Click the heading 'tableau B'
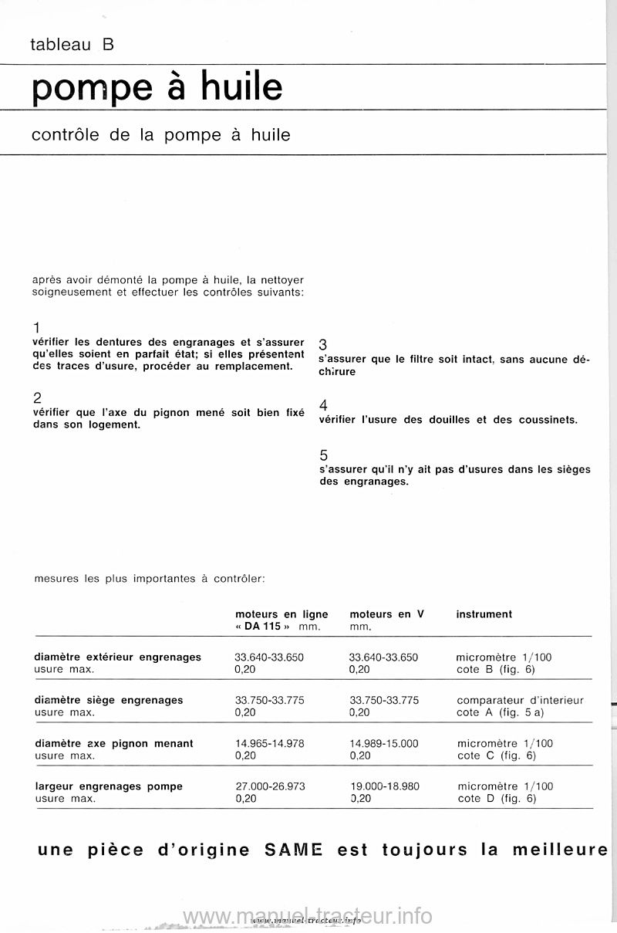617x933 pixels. (x=72, y=45)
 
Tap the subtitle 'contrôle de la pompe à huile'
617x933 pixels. (x=161, y=135)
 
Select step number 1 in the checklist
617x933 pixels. (x=36, y=327)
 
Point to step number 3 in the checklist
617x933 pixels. (x=323, y=344)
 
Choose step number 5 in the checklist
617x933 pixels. (x=323, y=456)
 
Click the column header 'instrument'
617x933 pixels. (x=484, y=614)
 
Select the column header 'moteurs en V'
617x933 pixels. (x=387, y=614)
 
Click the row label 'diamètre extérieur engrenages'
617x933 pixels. (x=118, y=657)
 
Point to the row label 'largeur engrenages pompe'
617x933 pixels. (x=109, y=786)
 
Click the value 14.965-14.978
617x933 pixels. (x=269, y=743)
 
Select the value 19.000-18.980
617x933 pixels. (x=384, y=786)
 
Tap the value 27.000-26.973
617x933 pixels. (x=270, y=786)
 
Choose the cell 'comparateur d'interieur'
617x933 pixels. (x=520, y=701)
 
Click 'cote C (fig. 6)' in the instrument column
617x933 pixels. (x=496, y=756)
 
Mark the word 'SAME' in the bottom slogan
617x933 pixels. (x=292, y=850)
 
